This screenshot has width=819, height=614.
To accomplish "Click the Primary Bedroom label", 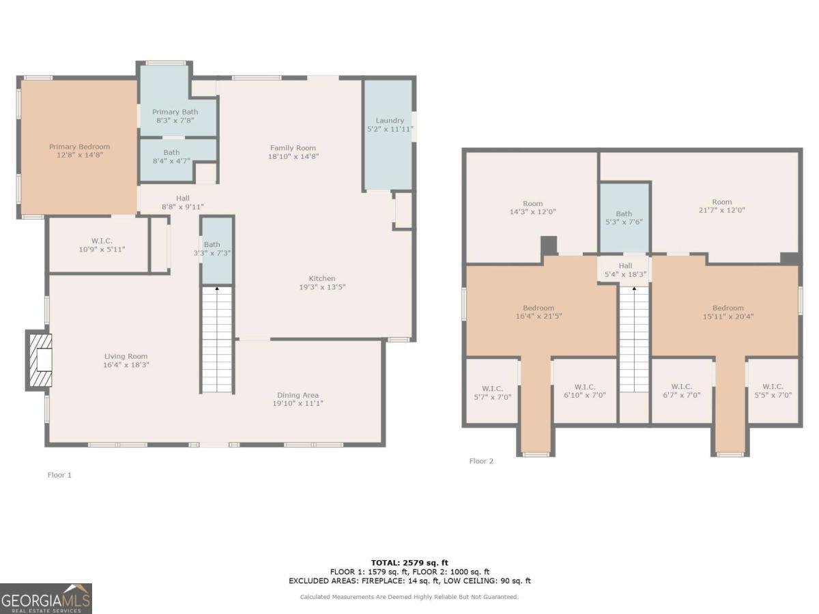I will pyautogui.click(x=79, y=147).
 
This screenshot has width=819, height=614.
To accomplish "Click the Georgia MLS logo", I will pyautogui.click(x=46, y=598).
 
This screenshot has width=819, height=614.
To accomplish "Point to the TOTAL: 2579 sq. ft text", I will pyautogui.click(x=409, y=562).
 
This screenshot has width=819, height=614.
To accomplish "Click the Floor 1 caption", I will pyautogui.click(x=59, y=475).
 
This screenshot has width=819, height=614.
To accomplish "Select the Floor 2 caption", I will pyautogui.click(x=481, y=461).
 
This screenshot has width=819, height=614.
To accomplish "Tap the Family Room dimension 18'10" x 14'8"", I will pyautogui.click(x=293, y=156).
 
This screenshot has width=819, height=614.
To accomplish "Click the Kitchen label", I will pyautogui.click(x=321, y=278).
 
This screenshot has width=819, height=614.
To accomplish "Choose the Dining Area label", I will pyautogui.click(x=298, y=395).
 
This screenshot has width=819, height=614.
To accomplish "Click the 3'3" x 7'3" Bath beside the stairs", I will pyautogui.click(x=212, y=249).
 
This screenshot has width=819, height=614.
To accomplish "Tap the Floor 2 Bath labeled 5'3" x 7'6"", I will pyautogui.click(x=624, y=218).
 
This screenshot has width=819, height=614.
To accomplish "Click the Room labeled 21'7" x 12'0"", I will pyautogui.click(x=721, y=206).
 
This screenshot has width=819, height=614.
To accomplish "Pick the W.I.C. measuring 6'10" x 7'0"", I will pyautogui.click(x=585, y=391).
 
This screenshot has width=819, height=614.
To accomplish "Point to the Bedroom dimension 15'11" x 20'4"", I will pyautogui.click(x=728, y=316).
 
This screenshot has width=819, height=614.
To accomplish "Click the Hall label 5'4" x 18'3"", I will pyautogui.click(x=625, y=270).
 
